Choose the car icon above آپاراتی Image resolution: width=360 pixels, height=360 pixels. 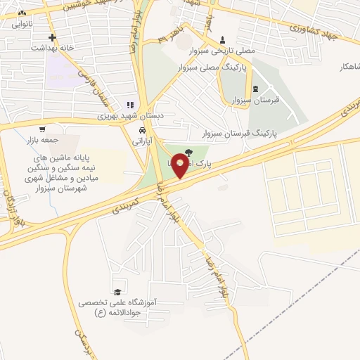[x=142, y=131]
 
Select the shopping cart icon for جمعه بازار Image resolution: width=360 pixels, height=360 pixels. [x=43, y=129]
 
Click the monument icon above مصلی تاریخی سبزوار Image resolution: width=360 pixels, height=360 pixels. [x=223, y=39]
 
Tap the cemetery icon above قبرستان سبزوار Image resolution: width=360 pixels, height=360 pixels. [x=255, y=89]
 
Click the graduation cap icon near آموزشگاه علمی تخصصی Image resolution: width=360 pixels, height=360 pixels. [x=117, y=292]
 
